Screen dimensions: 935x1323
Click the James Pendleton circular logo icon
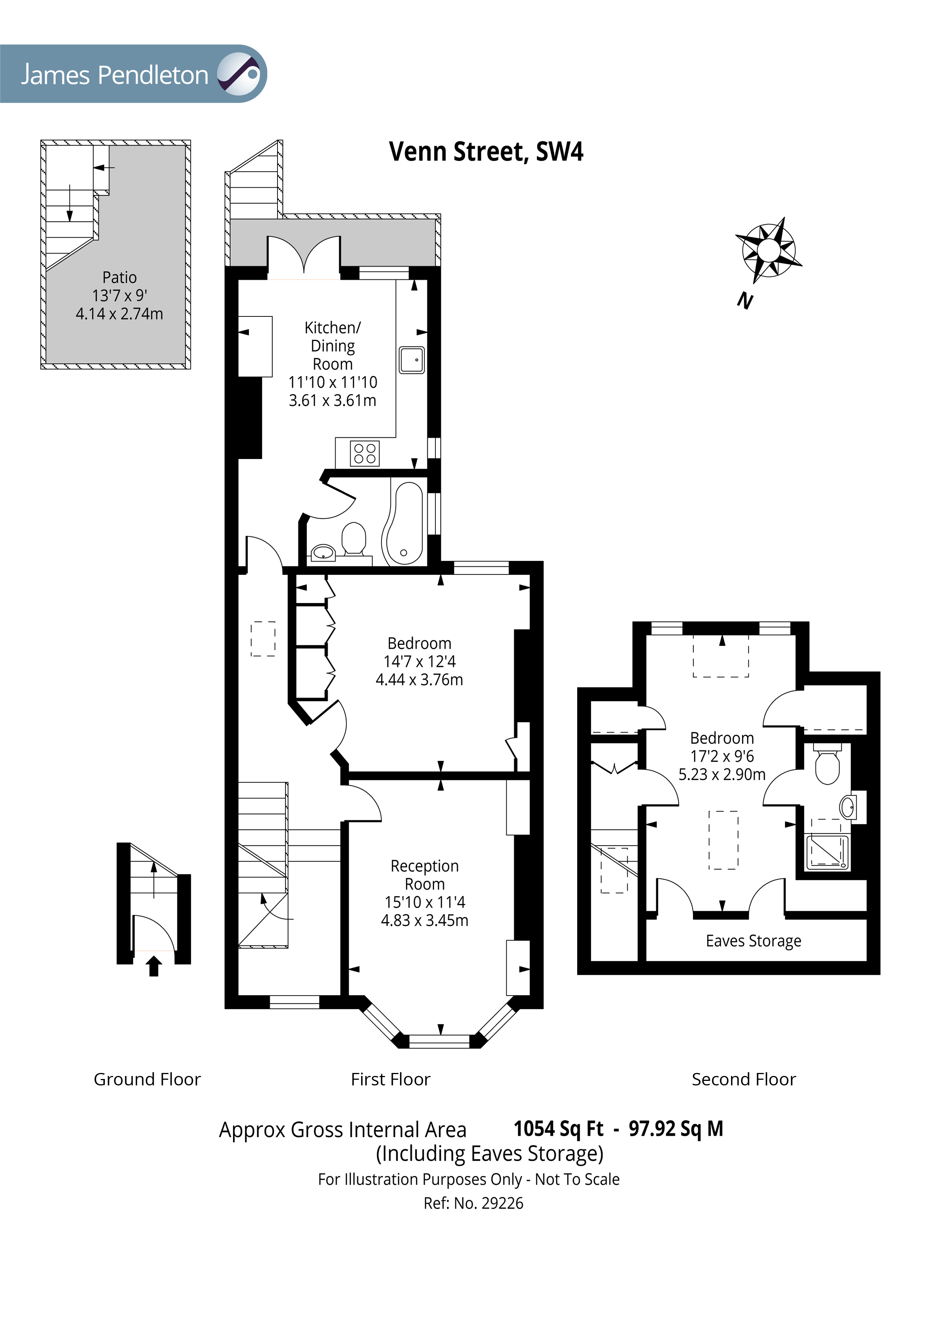(239, 74)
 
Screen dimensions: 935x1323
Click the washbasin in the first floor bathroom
(323, 553)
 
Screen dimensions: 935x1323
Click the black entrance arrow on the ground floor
(153, 966)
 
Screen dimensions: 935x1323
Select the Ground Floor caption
(147, 1079)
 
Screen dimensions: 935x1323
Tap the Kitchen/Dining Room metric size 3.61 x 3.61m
(333, 401)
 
